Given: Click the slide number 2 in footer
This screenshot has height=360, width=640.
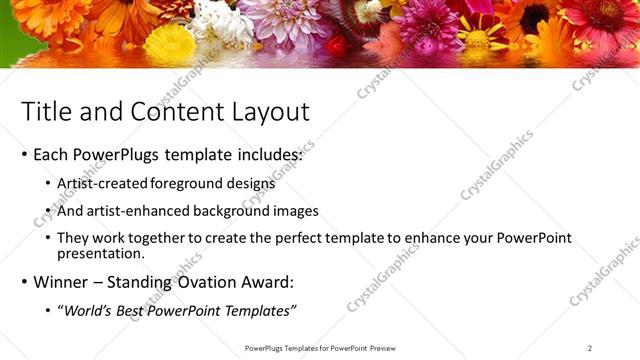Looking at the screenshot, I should [x=589, y=348].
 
